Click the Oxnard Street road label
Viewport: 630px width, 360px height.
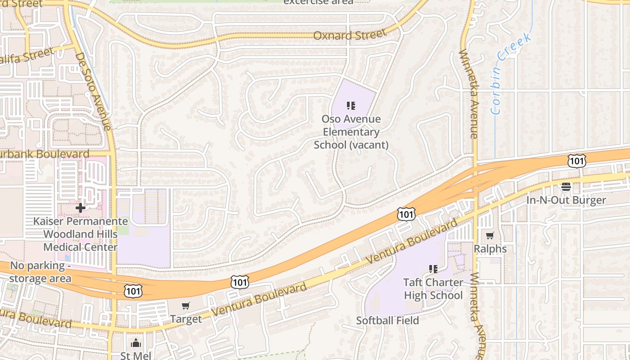350,35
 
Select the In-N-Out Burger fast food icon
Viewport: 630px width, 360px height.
566,187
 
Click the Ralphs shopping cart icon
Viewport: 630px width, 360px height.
490,235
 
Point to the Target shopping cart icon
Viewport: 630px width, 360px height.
185,306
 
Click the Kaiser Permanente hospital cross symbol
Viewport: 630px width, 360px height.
81,208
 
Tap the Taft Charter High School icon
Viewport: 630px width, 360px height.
433,269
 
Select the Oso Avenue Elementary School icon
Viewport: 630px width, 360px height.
351,106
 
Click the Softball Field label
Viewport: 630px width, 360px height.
387,320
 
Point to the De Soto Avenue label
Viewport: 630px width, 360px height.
93,92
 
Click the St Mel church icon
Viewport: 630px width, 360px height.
136,344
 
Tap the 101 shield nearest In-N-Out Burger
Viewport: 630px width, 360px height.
576,161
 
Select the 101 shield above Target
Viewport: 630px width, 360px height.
239,282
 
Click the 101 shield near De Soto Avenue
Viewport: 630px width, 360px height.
133,291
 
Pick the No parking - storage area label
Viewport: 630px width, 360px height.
40,272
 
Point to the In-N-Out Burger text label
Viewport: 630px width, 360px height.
566,200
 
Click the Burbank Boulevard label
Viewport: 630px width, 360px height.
45,154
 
